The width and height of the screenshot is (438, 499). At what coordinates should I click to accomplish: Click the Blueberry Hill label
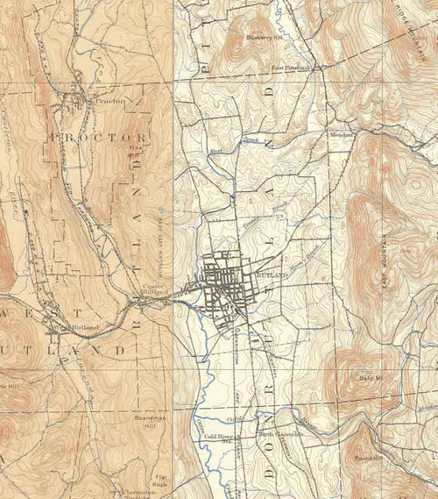click(265, 37)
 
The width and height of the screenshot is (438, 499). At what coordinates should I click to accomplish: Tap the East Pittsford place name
click(291, 68)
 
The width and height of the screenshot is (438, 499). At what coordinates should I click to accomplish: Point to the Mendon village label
click(339, 134)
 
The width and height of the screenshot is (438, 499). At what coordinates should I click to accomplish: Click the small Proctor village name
click(110, 102)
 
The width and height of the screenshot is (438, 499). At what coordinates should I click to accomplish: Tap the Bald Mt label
click(373, 378)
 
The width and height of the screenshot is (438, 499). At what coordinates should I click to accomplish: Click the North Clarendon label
click(280, 434)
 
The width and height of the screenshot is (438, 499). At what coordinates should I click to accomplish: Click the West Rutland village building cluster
click(54, 331)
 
